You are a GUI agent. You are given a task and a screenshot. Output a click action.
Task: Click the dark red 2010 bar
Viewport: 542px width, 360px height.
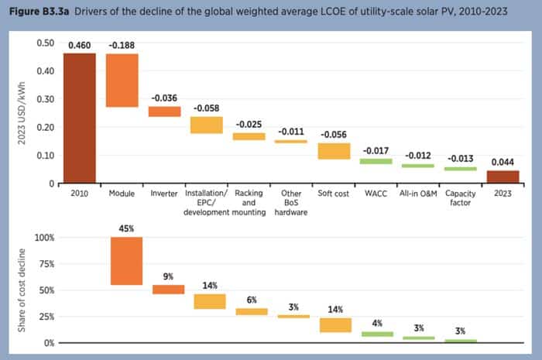[80, 118]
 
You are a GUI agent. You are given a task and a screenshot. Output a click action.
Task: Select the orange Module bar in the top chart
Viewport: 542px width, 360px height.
[122, 80]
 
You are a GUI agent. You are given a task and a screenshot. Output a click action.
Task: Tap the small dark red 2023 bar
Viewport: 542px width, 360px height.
[503, 177]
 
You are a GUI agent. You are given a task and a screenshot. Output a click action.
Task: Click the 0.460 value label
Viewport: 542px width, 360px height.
[80, 46]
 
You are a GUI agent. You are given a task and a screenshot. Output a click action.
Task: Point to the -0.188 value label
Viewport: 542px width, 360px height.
[122, 46]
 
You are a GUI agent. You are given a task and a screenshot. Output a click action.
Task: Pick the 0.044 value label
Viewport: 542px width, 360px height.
[503, 163]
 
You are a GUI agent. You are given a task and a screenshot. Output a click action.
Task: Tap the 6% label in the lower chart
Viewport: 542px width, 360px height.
[251, 300]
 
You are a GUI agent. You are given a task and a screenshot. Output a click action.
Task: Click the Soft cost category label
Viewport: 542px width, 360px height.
[334, 193]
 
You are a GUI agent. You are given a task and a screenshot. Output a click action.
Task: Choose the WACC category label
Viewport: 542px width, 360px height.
[376, 193]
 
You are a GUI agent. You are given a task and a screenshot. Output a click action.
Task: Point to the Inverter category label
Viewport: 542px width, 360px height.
[164, 193]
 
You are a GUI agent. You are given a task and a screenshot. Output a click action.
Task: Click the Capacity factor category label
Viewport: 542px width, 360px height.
[460, 197]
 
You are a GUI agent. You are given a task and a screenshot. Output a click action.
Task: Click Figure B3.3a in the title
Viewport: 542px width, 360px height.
[37, 11]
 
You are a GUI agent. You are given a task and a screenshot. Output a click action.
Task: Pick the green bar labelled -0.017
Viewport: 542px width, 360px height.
[376, 161]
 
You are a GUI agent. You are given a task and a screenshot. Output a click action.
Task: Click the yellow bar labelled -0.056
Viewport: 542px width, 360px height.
[334, 151]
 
